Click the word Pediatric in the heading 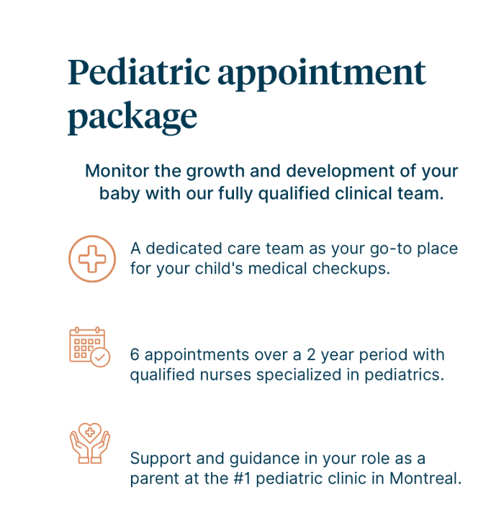139,73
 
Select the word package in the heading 132,118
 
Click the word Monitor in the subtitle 117,171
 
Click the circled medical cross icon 92,259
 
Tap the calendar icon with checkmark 90,347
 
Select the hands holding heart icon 90,443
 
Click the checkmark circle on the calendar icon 100,357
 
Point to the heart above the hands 90,433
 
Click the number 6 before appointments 135,355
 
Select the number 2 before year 311,355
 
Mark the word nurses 225,375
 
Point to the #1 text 242,478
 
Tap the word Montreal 425,478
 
